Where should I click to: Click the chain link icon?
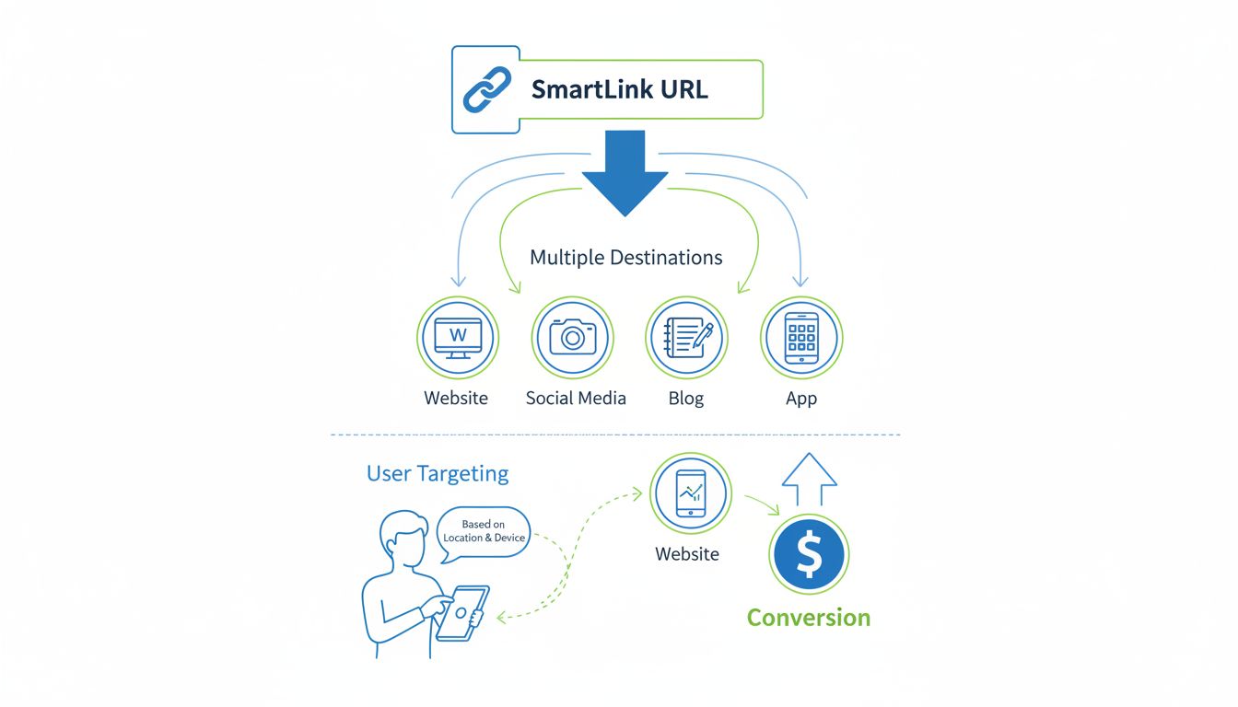485,90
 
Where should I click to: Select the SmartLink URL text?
619,90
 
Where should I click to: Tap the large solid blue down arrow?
625,171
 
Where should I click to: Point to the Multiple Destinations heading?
625,258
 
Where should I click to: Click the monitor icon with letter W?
457,338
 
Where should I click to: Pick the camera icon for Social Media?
572,338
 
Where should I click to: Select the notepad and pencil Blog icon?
686,338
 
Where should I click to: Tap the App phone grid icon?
801,338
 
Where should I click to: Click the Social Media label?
576,399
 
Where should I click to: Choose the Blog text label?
685,399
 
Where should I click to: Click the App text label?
800,399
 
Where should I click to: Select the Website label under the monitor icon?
456,399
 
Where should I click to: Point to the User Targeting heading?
438,474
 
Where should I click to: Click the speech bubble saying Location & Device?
484,532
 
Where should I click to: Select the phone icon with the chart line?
691,494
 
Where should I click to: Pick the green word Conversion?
808,618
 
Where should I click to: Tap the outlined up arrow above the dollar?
809,479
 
